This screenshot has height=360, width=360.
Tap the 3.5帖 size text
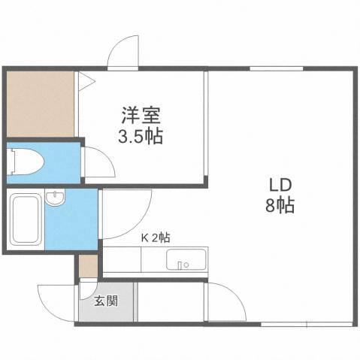tap(141, 137)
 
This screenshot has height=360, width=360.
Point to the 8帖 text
tap(280, 204)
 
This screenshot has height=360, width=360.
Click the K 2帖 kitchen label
tap(156, 237)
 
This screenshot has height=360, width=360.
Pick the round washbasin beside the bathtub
tap(55, 198)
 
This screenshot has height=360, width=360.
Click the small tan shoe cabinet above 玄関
tap(88, 266)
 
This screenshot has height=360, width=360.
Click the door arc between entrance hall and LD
tap(225, 301)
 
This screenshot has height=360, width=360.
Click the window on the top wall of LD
tap(271, 69)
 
